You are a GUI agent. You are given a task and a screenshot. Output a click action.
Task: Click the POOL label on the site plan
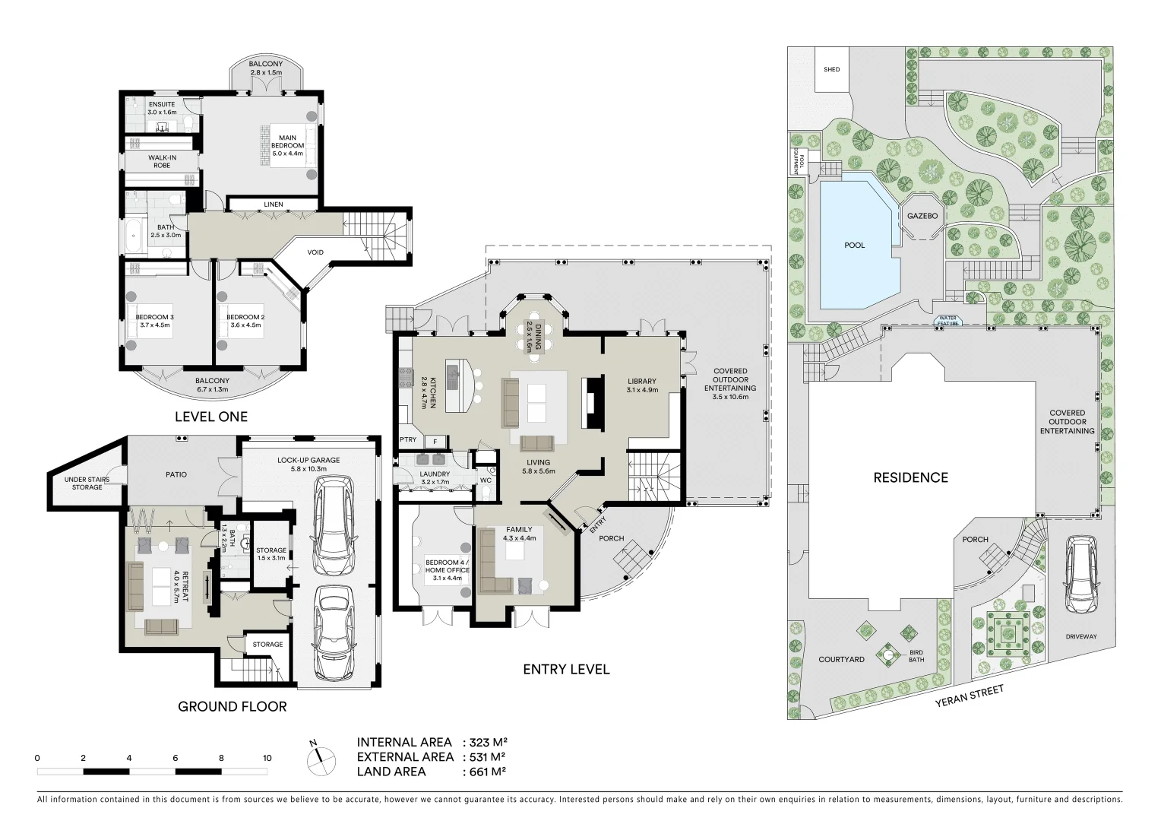(x=855, y=246)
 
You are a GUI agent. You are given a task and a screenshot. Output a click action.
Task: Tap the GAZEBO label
(x=922, y=216)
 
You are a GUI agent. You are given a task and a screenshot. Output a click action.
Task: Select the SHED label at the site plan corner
(x=831, y=69)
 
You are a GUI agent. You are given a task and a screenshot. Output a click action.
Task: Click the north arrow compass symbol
(x=321, y=759)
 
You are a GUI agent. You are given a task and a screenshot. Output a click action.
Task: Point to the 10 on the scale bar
(x=267, y=758)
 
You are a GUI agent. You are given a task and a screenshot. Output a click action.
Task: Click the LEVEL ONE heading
(x=211, y=417)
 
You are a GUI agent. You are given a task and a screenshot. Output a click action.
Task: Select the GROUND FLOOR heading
(x=233, y=706)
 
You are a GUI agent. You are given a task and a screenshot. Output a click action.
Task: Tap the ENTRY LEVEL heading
(x=567, y=670)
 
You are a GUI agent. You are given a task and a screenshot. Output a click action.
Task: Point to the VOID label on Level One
(x=315, y=252)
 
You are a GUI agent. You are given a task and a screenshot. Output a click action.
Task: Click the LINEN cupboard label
(x=273, y=204)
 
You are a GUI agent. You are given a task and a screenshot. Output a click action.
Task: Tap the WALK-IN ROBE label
(x=162, y=162)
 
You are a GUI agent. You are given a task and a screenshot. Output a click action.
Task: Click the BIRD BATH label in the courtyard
(x=916, y=656)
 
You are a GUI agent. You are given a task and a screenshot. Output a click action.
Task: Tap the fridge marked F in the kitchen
(x=435, y=442)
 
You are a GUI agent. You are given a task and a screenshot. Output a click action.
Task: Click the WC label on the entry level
(x=486, y=480)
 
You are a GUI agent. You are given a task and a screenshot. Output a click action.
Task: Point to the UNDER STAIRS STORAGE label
(x=87, y=483)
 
